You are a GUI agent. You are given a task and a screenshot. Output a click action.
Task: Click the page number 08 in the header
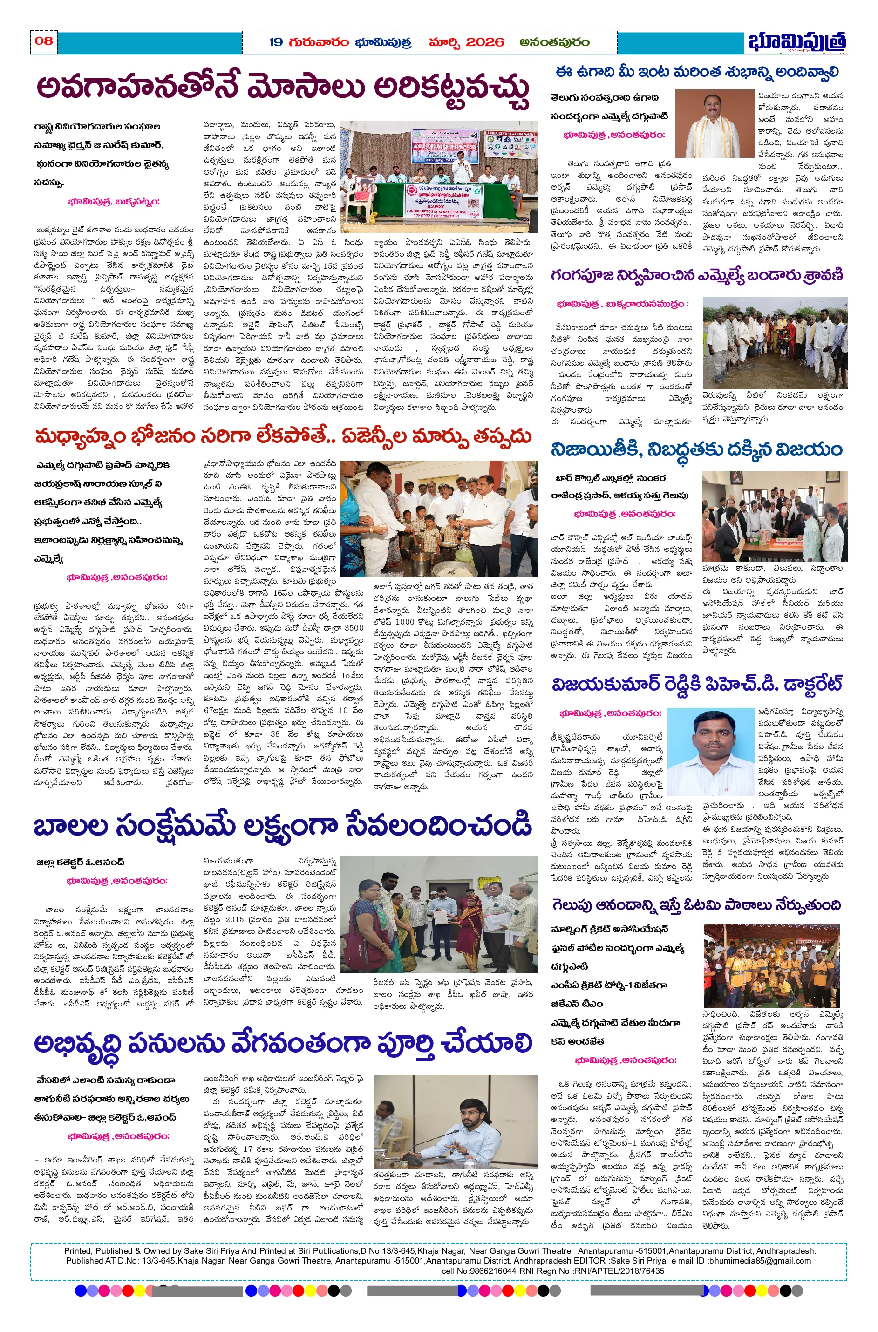[x=44, y=41]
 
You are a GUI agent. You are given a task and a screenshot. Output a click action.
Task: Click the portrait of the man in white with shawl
[x=715, y=124]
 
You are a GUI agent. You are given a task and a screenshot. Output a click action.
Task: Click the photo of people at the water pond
[x=775, y=343]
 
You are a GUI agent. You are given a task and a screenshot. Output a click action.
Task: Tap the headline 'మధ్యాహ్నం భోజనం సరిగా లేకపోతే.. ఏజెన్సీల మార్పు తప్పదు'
[x=283, y=436]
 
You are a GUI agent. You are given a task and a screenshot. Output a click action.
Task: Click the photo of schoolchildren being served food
[x=439, y=518]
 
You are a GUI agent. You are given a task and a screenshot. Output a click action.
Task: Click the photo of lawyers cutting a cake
[x=775, y=516]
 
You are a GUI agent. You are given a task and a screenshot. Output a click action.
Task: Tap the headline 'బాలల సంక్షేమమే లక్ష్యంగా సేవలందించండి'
[x=282, y=826]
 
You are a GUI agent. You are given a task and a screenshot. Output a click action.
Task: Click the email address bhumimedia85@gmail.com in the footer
[x=759, y=1261]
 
